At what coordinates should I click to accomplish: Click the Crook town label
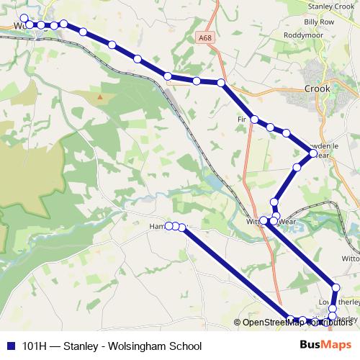tap(317, 89)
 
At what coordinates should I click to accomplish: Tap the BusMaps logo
tap(326, 346)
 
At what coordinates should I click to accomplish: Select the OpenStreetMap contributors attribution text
tap(297, 322)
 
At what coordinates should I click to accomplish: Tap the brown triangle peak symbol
tap(100, 96)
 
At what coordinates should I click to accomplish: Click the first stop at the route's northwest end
tap(24, 19)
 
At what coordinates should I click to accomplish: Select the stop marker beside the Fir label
tap(255, 120)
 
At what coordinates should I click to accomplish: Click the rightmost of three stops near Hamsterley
tap(183, 228)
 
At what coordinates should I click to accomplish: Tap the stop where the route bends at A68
tap(221, 84)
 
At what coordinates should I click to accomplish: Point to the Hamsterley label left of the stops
tap(157, 226)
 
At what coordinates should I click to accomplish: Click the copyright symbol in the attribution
tap(238, 323)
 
